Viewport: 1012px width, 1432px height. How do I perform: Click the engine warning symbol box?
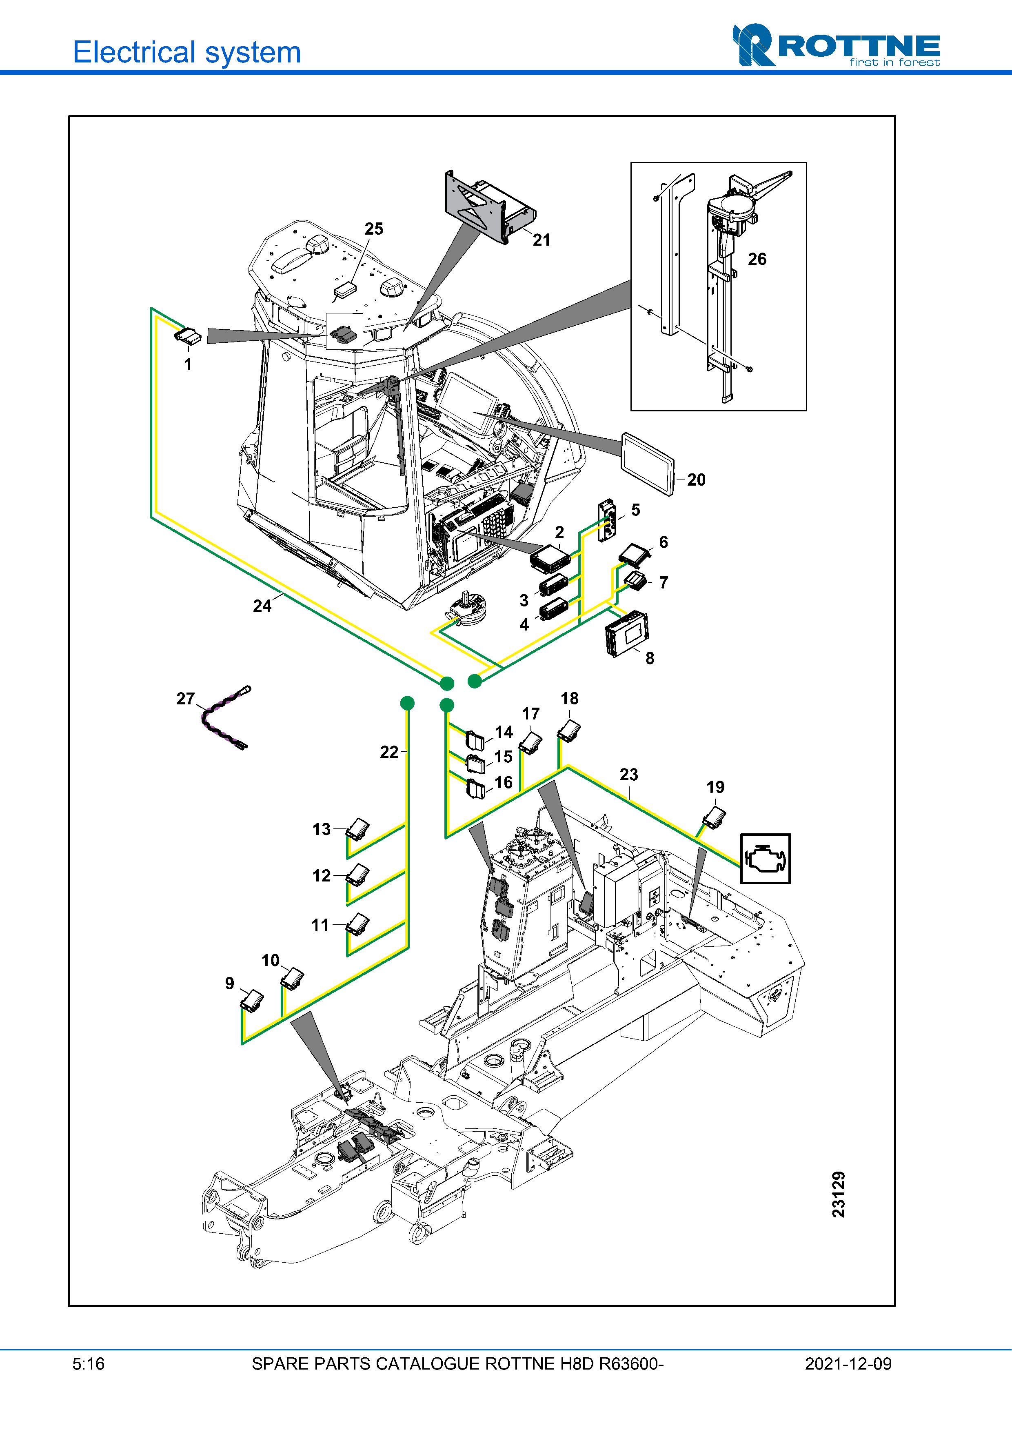tap(765, 858)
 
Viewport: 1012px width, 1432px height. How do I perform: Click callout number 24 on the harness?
tap(262, 606)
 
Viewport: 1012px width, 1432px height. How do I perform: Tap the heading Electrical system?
tap(186, 52)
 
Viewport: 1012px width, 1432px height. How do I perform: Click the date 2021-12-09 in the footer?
tap(848, 1363)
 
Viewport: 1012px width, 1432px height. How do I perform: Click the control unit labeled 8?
tap(627, 633)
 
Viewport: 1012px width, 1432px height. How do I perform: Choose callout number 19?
tap(715, 787)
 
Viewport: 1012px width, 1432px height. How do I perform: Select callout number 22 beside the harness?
tap(388, 752)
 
